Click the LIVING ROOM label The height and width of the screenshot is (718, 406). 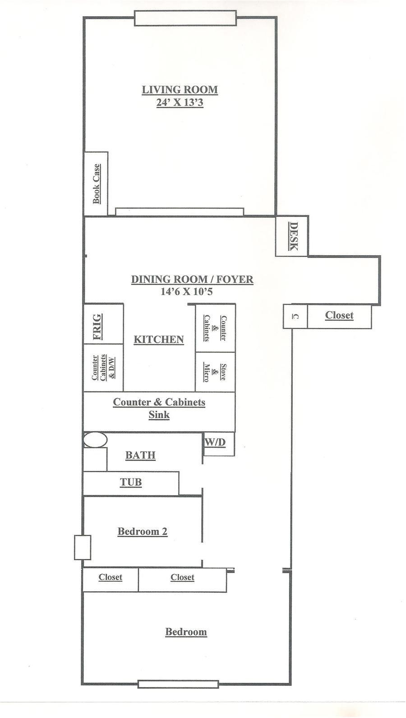pos(180,89)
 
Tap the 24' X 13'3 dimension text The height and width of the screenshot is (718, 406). pos(180,102)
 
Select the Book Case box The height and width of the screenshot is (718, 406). pos(96,184)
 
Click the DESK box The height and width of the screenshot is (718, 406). pos(292,236)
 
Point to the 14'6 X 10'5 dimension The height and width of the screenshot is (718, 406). pos(187,291)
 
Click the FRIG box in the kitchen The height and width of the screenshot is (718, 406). pos(104,324)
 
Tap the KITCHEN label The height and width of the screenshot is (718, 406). pos(159,339)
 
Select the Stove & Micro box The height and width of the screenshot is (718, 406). pos(215,372)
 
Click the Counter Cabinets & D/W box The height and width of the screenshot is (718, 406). pos(104,368)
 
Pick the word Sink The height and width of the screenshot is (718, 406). pos(159,414)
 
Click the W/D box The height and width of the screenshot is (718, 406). pos(219,444)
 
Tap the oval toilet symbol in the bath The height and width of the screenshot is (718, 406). pos(95,439)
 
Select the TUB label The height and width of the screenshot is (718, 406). pos(131,482)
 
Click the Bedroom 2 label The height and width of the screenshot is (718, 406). pos(143,531)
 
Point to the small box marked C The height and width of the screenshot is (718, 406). pos(295,316)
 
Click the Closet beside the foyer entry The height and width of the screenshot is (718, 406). pos(339,316)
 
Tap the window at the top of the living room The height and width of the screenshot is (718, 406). pos(185,18)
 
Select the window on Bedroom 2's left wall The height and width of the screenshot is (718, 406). pos(83,548)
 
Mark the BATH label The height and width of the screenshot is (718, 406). pos(140,455)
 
